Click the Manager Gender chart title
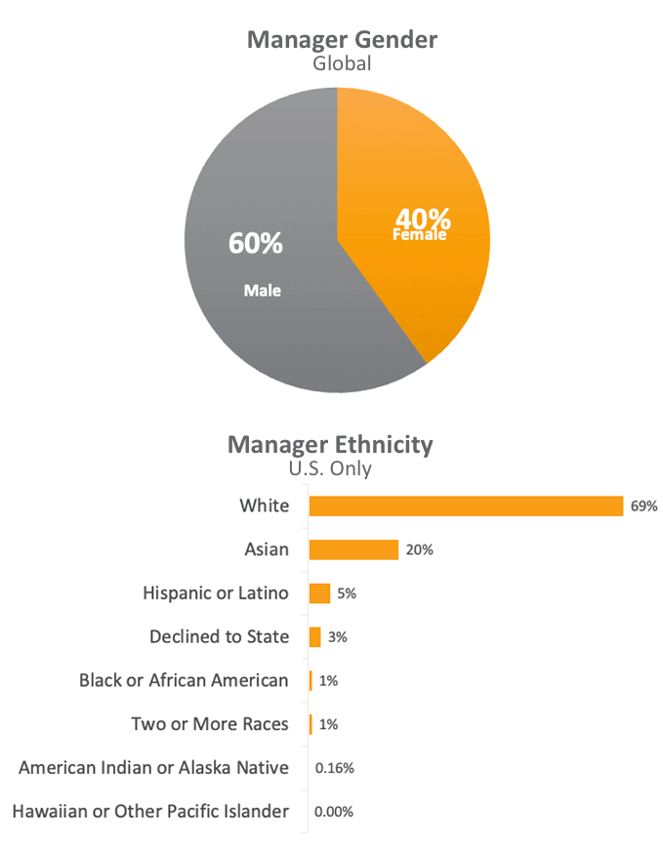pyautogui.click(x=342, y=40)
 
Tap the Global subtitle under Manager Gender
pyautogui.click(x=342, y=64)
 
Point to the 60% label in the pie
pyautogui.click(x=256, y=243)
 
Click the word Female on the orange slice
pyautogui.click(x=420, y=235)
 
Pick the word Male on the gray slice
pyautogui.click(x=262, y=290)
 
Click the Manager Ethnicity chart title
pyautogui.click(x=330, y=445)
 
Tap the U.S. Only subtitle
pyautogui.click(x=330, y=468)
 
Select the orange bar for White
pyautogui.click(x=466, y=506)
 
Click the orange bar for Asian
pyautogui.click(x=353, y=549)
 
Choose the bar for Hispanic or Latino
pyautogui.click(x=319, y=593)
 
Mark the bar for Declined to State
pyautogui.click(x=315, y=637)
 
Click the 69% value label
pyautogui.click(x=644, y=506)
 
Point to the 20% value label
pyautogui.click(x=420, y=550)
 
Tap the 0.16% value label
pyautogui.click(x=335, y=768)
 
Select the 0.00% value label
pyautogui.click(x=335, y=812)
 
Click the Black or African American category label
pyautogui.click(x=184, y=680)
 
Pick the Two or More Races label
pyautogui.click(x=210, y=724)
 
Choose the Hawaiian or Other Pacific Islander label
pyautogui.click(x=150, y=811)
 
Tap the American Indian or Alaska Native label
pyautogui.click(x=154, y=768)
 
